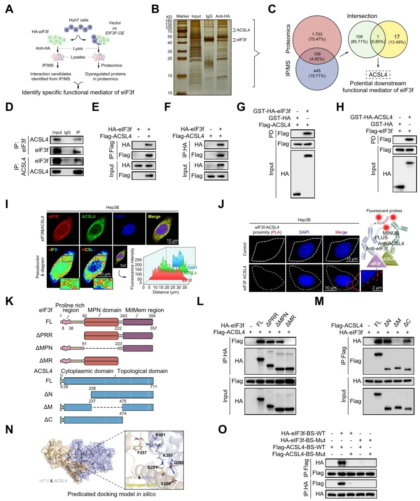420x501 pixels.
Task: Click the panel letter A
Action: pos(9,9)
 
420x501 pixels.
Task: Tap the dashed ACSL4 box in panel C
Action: pos(378,75)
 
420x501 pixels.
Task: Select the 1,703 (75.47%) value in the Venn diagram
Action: pos(317,37)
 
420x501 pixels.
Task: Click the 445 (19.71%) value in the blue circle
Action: pos(317,73)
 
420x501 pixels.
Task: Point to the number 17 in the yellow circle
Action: pos(397,37)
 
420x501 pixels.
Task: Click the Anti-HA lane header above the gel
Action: pos(223,16)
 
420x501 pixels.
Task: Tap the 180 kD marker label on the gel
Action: pos(169,21)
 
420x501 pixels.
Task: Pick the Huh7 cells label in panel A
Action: pos(79,20)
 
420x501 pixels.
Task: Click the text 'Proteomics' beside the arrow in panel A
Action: pos(112,65)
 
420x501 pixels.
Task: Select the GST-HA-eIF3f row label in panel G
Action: pos(271,111)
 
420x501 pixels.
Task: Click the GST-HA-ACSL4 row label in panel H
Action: pos(371,117)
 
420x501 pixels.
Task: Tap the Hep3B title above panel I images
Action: pos(112,208)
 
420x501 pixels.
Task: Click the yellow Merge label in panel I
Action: pos(154,216)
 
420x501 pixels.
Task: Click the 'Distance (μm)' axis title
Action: pos(165,292)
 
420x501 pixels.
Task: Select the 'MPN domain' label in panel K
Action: pos(104,310)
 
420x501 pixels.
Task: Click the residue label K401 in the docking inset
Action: pos(160,435)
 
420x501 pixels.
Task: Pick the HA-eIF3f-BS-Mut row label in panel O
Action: pos(303,440)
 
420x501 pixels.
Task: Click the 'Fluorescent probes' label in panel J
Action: pos(384,211)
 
